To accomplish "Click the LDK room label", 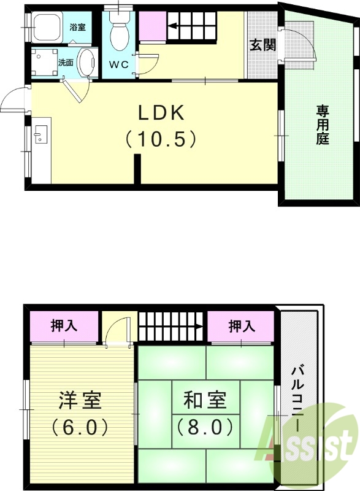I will (x=161, y=113).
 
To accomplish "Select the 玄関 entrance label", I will (x=261, y=45).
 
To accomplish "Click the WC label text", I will (x=119, y=64).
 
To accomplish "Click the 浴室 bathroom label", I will (x=78, y=28).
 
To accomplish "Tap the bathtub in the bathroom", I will (x=47, y=28).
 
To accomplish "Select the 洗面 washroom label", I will (x=66, y=62).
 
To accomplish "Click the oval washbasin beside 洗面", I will (x=88, y=63).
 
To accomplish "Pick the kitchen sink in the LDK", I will (x=42, y=134).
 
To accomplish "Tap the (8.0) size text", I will (x=205, y=425).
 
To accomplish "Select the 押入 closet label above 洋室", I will (x=64, y=326).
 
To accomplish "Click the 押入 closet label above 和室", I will (x=242, y=326).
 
